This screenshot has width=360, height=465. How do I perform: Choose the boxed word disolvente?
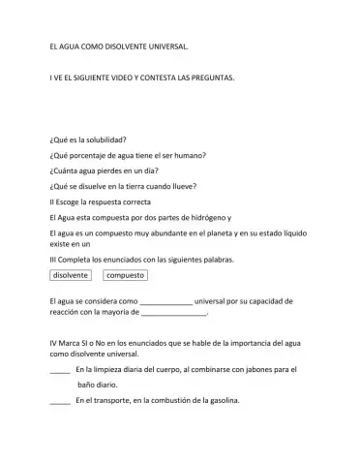point(71,276)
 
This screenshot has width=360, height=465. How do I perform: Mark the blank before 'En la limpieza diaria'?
point(59,371)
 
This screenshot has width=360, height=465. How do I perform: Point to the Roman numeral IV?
point(52,344)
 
